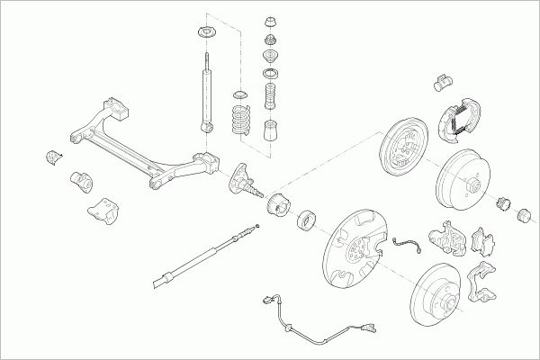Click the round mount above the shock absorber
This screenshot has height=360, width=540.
(205, 34)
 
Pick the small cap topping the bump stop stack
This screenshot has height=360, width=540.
(270, 20)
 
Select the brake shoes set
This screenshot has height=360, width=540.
(458, 118)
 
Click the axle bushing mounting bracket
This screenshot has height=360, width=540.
(101, 211)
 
